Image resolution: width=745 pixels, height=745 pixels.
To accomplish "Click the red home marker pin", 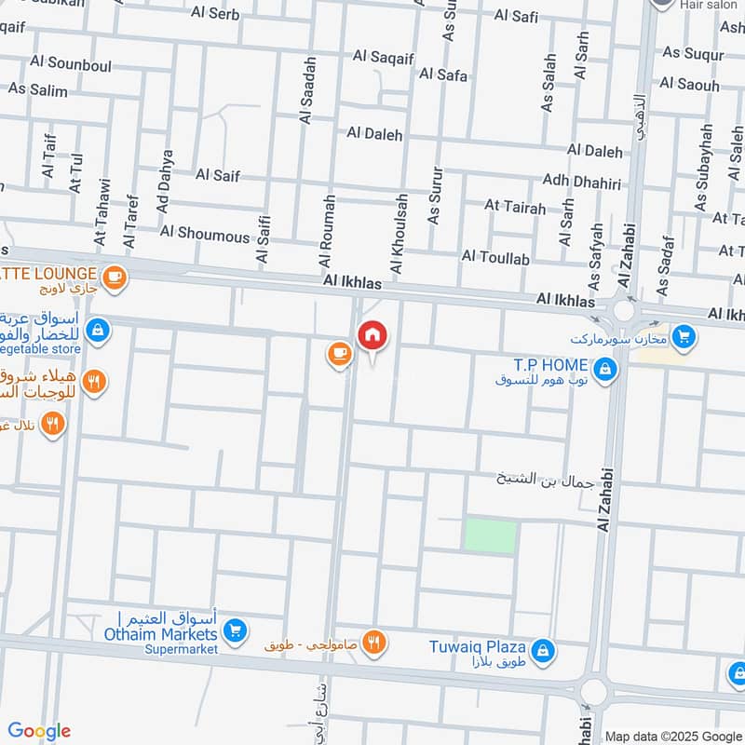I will pos(372,334).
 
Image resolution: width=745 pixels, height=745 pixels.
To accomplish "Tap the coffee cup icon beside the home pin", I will pos(337,352).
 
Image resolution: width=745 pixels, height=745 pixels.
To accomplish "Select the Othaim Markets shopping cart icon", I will pos(236,631).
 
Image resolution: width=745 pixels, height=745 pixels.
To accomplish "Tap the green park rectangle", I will pos(490,536).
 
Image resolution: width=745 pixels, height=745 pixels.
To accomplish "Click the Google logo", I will pos(39,731).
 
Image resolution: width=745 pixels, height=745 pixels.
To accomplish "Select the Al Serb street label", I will pos(215,14).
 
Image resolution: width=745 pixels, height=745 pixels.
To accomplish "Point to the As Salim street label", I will pos(38,89).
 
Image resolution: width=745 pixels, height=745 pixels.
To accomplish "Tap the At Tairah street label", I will pos(515,207).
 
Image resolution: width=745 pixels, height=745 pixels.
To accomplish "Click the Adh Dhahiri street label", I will pos(581,182).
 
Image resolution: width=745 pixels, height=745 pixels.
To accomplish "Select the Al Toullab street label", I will pos(495,256).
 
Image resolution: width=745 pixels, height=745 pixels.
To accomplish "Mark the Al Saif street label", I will pos(218,174).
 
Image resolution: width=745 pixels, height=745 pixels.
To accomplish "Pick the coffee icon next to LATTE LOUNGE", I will pos(115,277).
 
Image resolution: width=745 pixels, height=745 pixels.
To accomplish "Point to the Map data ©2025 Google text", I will pos(672,736).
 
